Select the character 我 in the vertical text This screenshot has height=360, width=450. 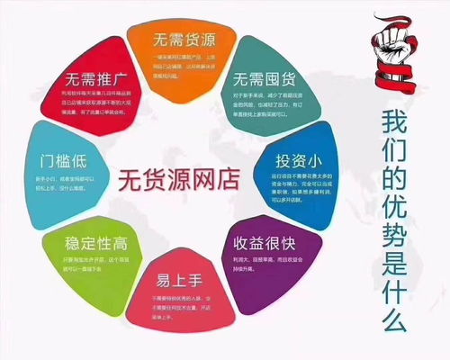(399, 122)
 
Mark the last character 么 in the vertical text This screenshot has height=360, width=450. (399, 319)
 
